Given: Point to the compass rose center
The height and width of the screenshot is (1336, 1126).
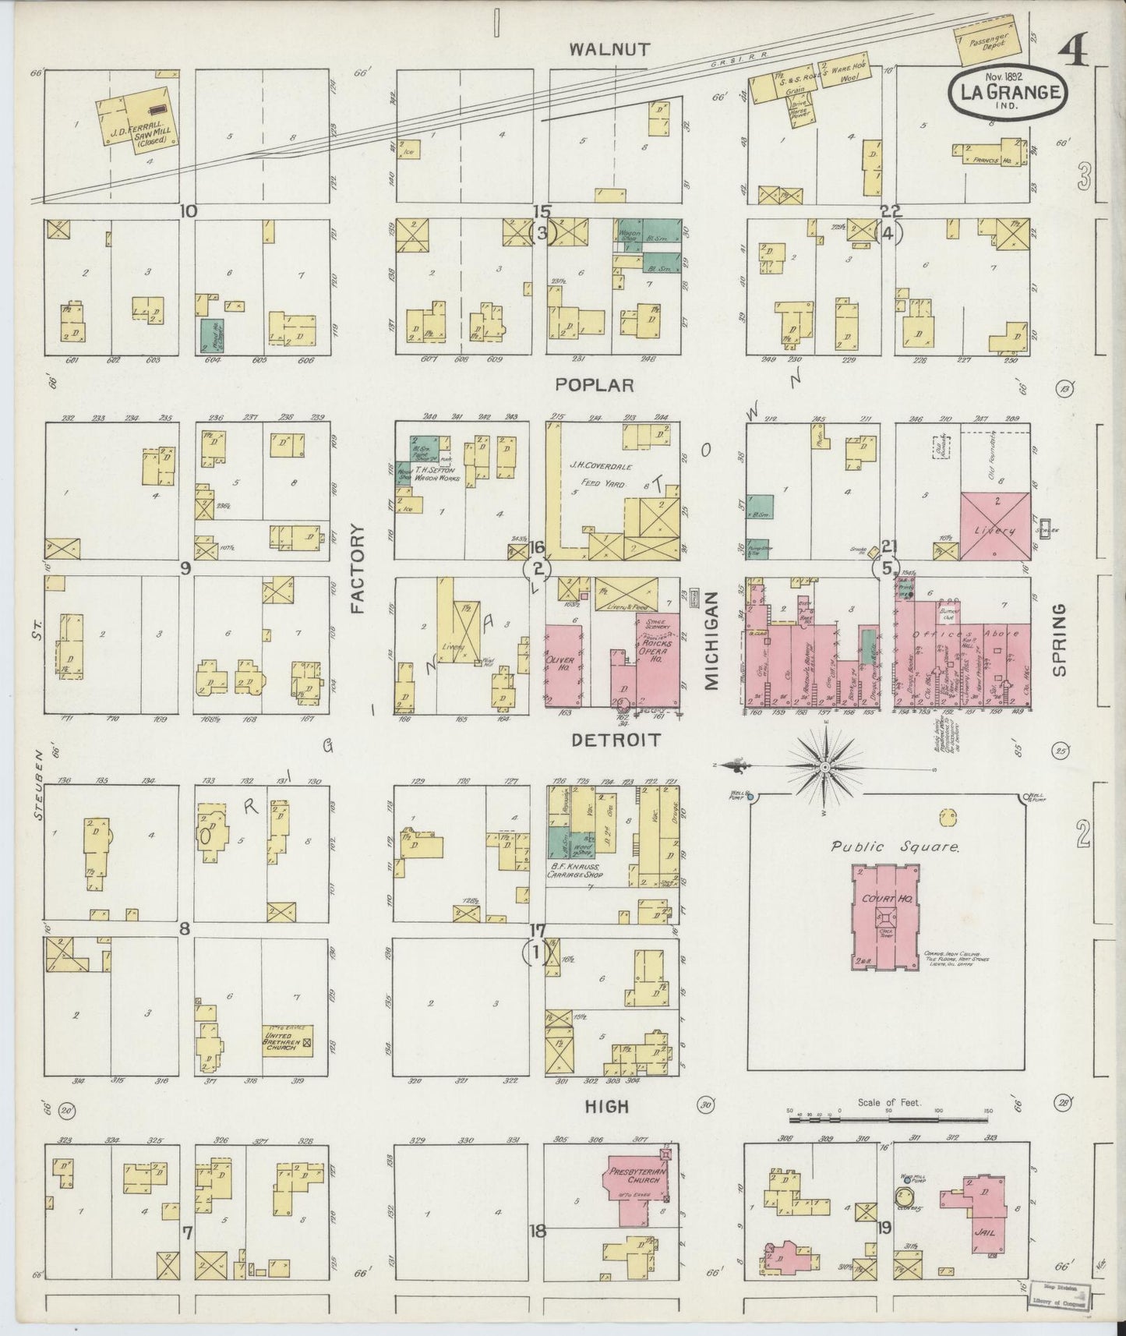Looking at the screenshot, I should tap(824, 767).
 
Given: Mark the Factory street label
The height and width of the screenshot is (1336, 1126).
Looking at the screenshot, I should tap(358, 569).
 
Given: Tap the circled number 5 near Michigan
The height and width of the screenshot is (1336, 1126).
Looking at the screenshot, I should tap(889, 567).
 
